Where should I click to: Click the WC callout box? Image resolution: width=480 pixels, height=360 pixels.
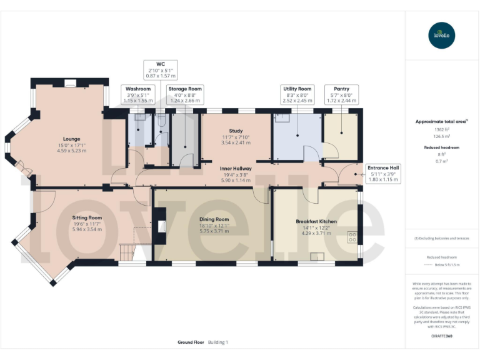(160, 69)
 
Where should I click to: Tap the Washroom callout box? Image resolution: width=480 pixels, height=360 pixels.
(138, 94)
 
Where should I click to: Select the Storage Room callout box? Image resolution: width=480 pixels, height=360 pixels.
(185, 94)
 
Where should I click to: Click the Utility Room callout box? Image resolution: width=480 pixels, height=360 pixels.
(297, 94)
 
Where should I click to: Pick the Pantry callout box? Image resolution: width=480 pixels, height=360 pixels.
(341, 94)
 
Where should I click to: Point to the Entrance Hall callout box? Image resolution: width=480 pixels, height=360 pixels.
(382, 174)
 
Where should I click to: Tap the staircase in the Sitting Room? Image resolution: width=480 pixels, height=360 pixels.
(127, 252)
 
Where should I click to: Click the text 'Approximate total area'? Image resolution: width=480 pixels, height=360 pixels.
(439, 122)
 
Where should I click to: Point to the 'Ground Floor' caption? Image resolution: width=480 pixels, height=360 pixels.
(191, 342)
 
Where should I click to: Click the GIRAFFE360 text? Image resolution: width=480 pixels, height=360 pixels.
(441, 336)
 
